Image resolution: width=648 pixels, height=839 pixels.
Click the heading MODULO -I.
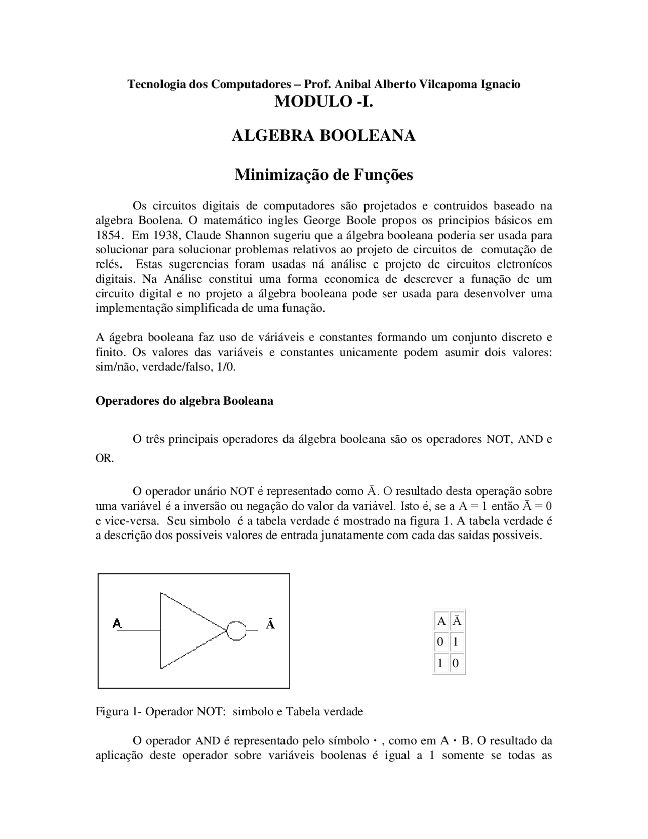click(x=323, y=102)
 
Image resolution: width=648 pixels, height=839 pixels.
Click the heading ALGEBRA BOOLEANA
click(x=323, y=136)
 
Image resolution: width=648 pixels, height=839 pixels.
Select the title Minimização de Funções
click(x=323, y=175)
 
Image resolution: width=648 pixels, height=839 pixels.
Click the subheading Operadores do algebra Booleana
click(x=184, y=401)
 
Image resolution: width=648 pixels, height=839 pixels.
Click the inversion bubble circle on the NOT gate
click(x=236, y=631)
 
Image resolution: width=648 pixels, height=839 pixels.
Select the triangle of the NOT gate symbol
click(x=187, y=631)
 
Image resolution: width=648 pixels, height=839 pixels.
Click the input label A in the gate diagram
click(x=117, y=623)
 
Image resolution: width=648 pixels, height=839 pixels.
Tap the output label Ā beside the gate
click(x=270, y=624)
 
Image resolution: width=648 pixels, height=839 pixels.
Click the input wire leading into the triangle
click(x=139, y=631)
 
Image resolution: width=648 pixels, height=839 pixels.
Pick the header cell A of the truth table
click(x=441, y=621)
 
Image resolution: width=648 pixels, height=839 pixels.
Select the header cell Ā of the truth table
click(x=457, y=621)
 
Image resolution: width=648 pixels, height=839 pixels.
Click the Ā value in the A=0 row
click(x=456, y=642)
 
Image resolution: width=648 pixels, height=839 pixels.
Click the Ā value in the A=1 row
click(x=456, y=663)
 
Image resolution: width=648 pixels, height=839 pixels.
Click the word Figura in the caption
click(x=112, y=712)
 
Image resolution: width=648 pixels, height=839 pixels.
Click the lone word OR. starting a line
click(x=105, y=459)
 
